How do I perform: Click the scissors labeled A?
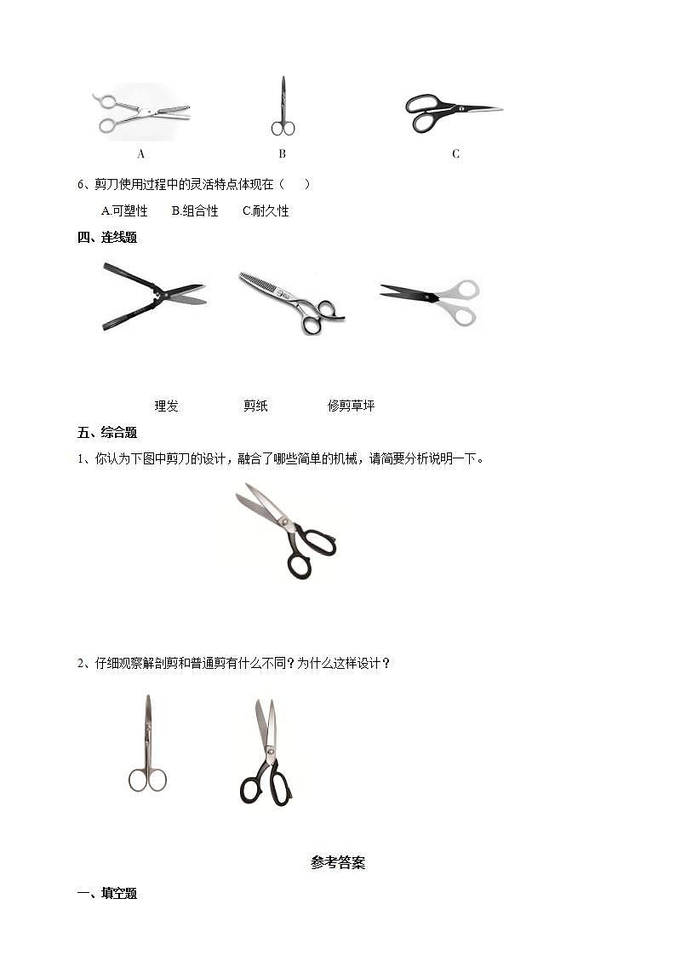[141, 112]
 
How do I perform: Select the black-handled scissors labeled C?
[451, 112]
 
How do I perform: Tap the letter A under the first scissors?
[141, 154]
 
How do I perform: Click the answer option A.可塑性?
[124, 210]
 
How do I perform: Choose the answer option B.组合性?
[195, 210]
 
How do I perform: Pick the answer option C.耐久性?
[266, 210]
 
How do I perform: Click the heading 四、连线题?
[107, 238]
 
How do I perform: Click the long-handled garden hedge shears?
[153, 296]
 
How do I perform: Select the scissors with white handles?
[431, 300]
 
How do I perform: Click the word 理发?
[166, 406]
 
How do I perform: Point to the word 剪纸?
[255, 406]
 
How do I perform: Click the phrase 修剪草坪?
[351, 406]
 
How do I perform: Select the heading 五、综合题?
[107, 433]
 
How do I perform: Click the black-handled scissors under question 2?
[266, 753]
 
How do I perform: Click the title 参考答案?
[338, 862]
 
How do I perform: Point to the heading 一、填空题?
[107, 894]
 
